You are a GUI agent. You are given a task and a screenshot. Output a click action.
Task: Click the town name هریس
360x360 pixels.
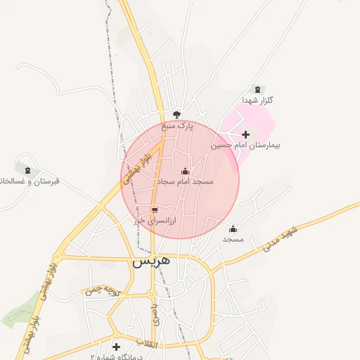(151, 260)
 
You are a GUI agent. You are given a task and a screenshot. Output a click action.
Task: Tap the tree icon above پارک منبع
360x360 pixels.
(176, 115)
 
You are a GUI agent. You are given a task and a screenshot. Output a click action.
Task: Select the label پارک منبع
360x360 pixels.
(176, 126)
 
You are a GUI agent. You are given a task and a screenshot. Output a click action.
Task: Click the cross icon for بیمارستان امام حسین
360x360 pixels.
(245, 134)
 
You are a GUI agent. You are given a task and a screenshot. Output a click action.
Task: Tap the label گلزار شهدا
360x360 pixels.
(257, 101)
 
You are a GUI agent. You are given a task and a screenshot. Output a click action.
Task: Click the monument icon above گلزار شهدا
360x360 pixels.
(257, 89)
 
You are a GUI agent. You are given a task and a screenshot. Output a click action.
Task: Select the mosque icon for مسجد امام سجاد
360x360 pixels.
(186, 171)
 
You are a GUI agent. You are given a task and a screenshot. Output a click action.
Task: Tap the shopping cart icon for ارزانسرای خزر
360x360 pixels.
(155, 210)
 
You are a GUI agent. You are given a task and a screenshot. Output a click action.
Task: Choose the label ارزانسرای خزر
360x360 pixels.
(155, 220)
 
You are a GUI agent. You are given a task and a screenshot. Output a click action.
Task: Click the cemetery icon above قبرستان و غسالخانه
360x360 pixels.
(27, 170)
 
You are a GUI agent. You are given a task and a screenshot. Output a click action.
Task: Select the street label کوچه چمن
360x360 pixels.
(99, 290)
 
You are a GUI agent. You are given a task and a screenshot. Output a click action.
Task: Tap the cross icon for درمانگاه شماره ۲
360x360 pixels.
(116, 347)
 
